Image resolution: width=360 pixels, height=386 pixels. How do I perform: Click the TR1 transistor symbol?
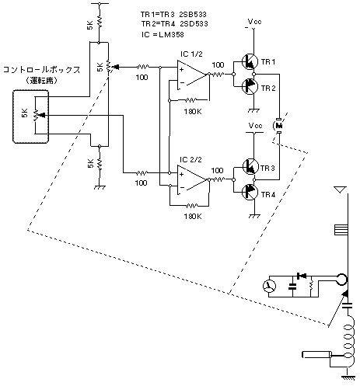(x=250, y=61)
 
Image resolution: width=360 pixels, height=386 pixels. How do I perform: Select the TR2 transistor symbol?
(x=250, y=87)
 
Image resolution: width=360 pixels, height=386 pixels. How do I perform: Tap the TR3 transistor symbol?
(x=250, y=166)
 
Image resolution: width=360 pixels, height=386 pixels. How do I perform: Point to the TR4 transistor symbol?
(x=250, y=193)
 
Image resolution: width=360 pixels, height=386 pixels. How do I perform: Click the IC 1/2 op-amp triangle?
(x=193, y=75)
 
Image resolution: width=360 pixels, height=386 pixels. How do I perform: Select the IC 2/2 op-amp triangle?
(x=193, y=179)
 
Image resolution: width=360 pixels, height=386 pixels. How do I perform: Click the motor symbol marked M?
(x=279, y=126)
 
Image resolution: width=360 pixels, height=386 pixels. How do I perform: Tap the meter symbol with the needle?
(x=269, y=286)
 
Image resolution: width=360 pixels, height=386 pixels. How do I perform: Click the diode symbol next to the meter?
(x=302, y=276)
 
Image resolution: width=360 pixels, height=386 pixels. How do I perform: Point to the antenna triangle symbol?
(x=341, y=190)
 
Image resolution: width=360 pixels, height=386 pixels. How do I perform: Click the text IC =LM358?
(x=163, y=34)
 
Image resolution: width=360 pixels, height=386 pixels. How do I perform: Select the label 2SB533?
(x=193, y=14)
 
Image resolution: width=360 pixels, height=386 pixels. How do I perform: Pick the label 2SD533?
(x=194, y=24)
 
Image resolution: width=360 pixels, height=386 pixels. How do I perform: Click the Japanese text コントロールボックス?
(x=41, y=70)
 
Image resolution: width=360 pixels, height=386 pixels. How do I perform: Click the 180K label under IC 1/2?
(x=193, y=112)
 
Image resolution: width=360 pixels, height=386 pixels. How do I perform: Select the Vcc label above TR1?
(x=254, y=22)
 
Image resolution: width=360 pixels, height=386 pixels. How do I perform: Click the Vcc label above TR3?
(x=255, y=126)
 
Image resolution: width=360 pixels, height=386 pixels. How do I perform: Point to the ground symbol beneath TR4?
(x=254, y=216)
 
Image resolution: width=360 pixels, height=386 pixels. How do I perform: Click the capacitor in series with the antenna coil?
(x=348, y=305)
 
